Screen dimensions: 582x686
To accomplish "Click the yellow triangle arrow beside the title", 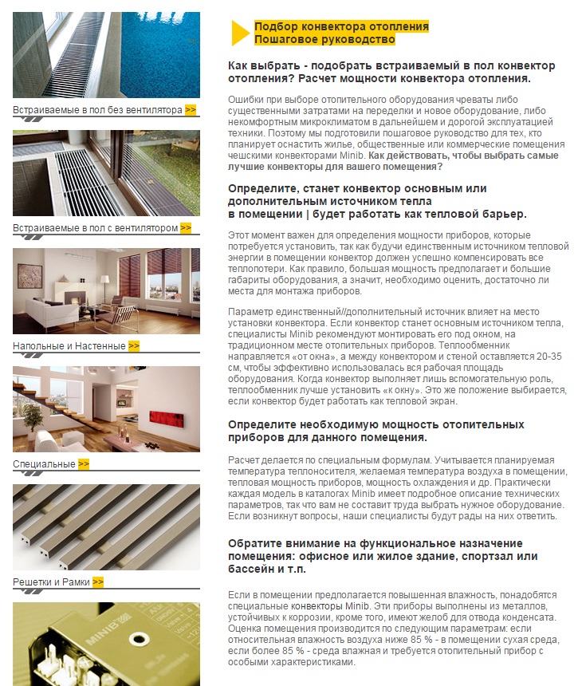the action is (239, 33).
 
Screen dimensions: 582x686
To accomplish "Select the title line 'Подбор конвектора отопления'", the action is (341, 26).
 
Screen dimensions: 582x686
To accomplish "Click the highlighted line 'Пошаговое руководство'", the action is (324, 39).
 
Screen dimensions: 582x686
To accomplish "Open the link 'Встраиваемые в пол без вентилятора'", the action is (97, 110).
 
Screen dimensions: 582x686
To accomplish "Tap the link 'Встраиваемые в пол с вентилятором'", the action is (96, 228).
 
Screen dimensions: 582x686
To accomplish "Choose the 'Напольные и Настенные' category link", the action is (69, 346).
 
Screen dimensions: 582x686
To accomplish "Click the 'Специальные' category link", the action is (44, 464).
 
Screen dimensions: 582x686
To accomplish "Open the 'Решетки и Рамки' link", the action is (51, 582).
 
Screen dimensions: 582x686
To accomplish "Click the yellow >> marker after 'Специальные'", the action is (84, 463).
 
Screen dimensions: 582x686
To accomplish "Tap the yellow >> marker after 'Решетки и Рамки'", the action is (98, 582).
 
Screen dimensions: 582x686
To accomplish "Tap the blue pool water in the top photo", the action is (160, 54).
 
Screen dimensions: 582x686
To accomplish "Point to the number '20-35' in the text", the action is (549, 357).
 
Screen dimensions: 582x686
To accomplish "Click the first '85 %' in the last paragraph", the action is (422, 640).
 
